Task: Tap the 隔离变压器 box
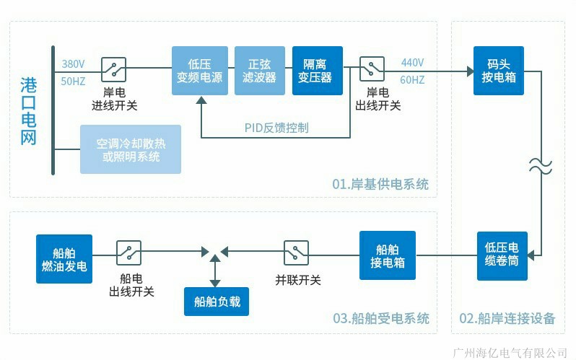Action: tap(318, 70)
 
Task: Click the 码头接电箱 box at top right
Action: tap(499, 70)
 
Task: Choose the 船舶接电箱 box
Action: tap(385, 254)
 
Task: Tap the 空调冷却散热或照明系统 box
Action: tap(131, 149)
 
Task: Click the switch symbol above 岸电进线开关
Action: tap(114, 69)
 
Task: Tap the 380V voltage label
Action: tap(74, 63)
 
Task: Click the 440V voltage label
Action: tap(412, 62)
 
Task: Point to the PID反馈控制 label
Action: tap(276, 128)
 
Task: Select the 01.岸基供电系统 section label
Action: tap(380, 185)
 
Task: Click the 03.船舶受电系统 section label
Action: tap(381, 318)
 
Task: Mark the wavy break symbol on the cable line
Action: tap(541, 167)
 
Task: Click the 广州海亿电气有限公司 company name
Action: tap(509, 352)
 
